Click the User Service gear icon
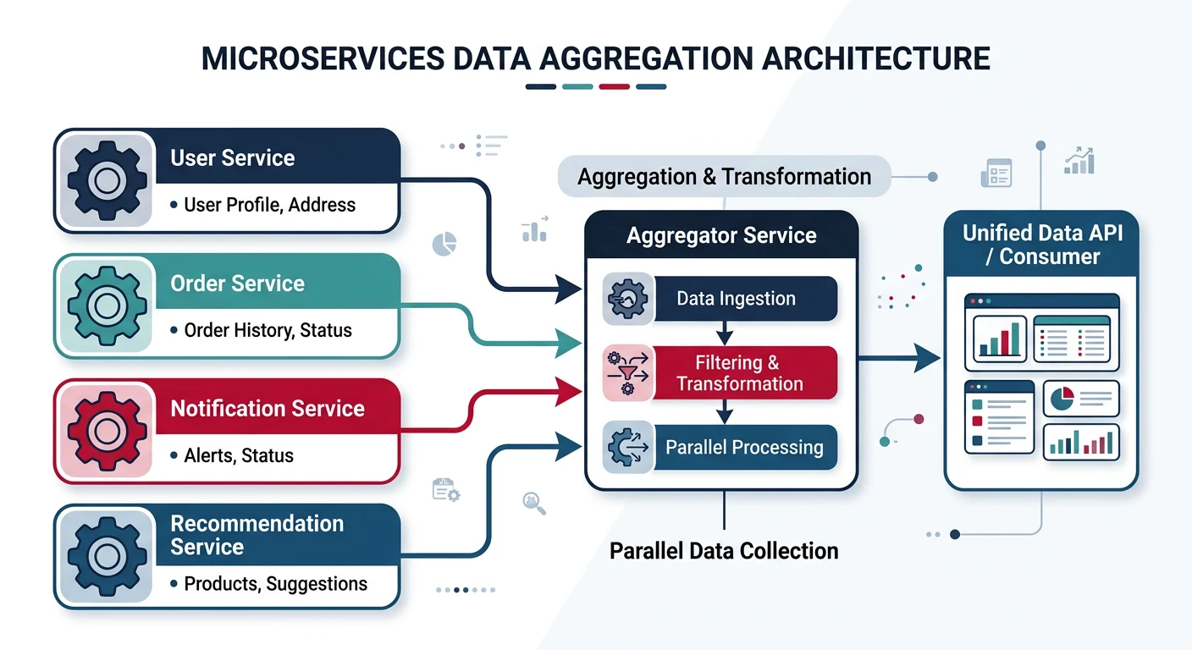(x=106, y=180)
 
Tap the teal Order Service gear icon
(x=106, y=306)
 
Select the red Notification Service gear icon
(x=106, y=431)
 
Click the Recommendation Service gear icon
(x=106, y=556)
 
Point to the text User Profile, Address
(x=269, y=205)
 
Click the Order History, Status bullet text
(x=268, y=330)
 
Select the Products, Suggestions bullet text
(x=275, y=583)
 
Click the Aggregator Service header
(x=721, y=235)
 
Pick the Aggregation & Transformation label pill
(x=724, y=177)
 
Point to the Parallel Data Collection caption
(x=724, y=551)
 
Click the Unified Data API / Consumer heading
(x=1042, y=245)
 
